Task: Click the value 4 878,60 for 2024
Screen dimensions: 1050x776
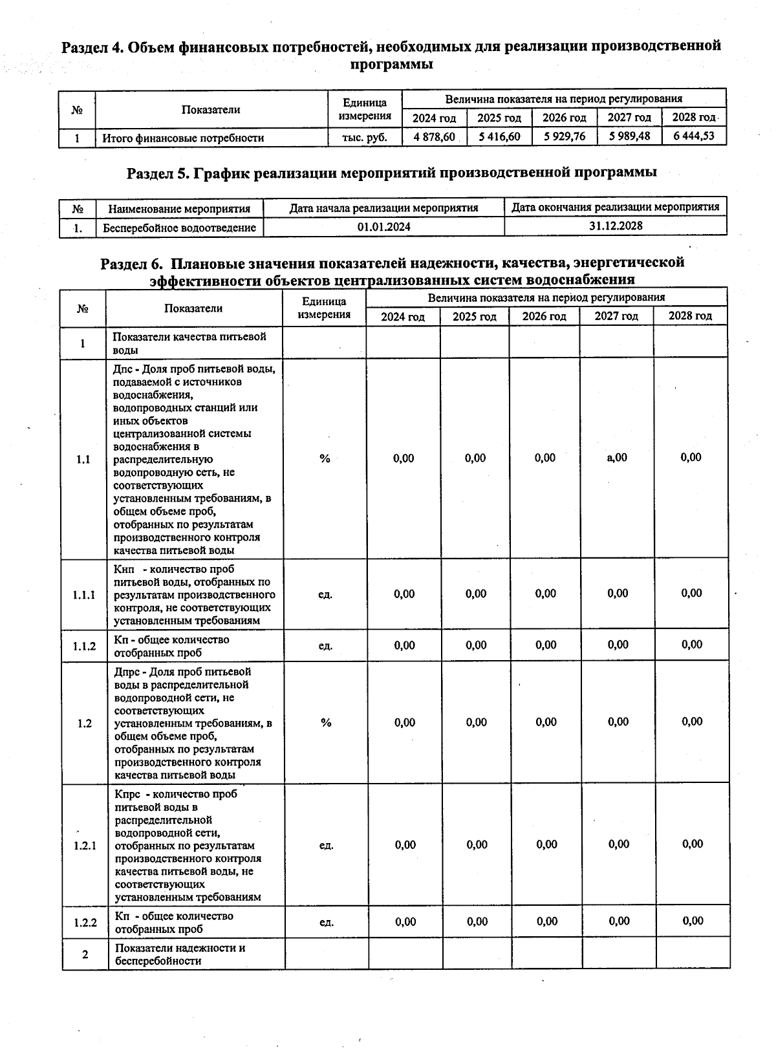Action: [x=434, y=137]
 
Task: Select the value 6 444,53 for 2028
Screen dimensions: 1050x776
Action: [x=693, y=136]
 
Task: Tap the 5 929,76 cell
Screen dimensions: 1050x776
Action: [x=564, y=136]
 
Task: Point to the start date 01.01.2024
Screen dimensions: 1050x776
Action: [x=383, y=227]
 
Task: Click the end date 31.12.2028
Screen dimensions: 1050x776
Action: [x=615, y=226]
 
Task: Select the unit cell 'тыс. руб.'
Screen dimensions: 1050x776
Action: [x=365, y=137]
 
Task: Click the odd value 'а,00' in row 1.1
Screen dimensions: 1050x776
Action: [x=616, y=458]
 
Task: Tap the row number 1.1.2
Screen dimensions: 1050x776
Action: [x=84, y=646]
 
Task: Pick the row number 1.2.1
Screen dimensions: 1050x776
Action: [x=85, y=845]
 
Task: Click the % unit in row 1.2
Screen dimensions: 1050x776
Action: [x=325, y=722]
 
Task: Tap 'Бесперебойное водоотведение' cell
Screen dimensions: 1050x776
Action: [x=179, y=228]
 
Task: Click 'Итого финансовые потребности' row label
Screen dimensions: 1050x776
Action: [x=183, y=138]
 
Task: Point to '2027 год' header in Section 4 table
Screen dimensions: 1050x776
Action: [x=629, y=118]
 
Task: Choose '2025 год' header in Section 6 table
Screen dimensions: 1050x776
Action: [x=474, y=316]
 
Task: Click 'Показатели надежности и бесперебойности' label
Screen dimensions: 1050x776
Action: [x=180, y=954]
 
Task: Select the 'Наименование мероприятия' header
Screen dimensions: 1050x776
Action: [x=179, y=209]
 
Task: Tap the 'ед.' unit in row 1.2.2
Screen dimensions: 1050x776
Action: [x=327, y=922]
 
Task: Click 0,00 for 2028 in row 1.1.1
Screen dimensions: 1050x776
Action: [x=691, y=594]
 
